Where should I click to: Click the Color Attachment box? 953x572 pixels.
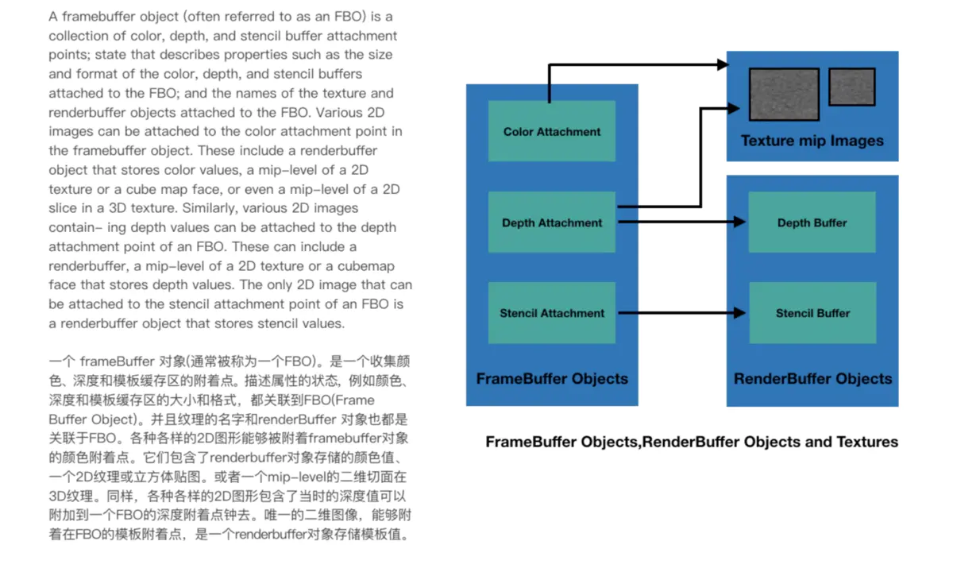coord(552,132)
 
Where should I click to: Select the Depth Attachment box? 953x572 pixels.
coord(552,223)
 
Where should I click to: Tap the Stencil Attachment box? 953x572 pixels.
coord(552,313)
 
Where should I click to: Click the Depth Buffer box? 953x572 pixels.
coord(812,223)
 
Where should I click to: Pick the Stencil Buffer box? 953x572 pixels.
coord(812,313)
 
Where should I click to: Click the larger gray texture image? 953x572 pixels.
coord(784,94)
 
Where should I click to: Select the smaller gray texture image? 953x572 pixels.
coord(851,87)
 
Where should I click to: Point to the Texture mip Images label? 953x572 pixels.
coord(812,141)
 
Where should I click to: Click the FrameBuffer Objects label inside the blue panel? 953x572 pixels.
coord(552,378)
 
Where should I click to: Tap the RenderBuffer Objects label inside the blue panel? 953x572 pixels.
coord(812,378)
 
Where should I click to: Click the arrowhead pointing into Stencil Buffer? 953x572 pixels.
coord(741,313)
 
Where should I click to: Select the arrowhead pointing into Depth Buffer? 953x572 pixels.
coord(741,223)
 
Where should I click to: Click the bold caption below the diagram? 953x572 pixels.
coord(692,442)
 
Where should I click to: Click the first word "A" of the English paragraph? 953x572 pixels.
coord(52,16)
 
